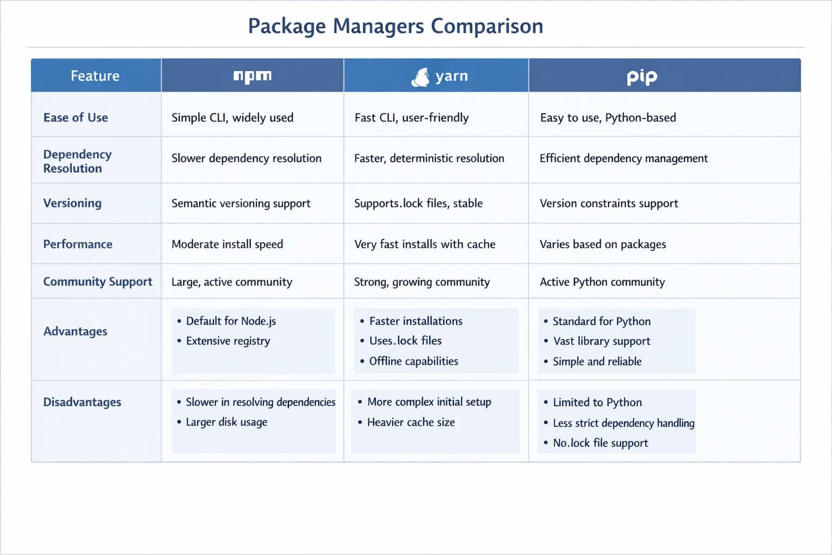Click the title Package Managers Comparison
[395, 27]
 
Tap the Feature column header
[95, 76]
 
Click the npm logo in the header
[252, 76]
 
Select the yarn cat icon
[420, 77]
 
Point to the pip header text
[642, 77]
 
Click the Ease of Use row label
[75, 118]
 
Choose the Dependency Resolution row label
[77, 162]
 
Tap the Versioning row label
[72, 203]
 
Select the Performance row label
[77, 244]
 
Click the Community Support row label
[97, 281]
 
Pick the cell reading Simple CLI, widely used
[232, 118]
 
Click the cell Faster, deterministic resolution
[429, 158]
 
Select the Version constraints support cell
[609, 203]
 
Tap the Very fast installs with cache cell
[425, 244]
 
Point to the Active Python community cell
[602, 282]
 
